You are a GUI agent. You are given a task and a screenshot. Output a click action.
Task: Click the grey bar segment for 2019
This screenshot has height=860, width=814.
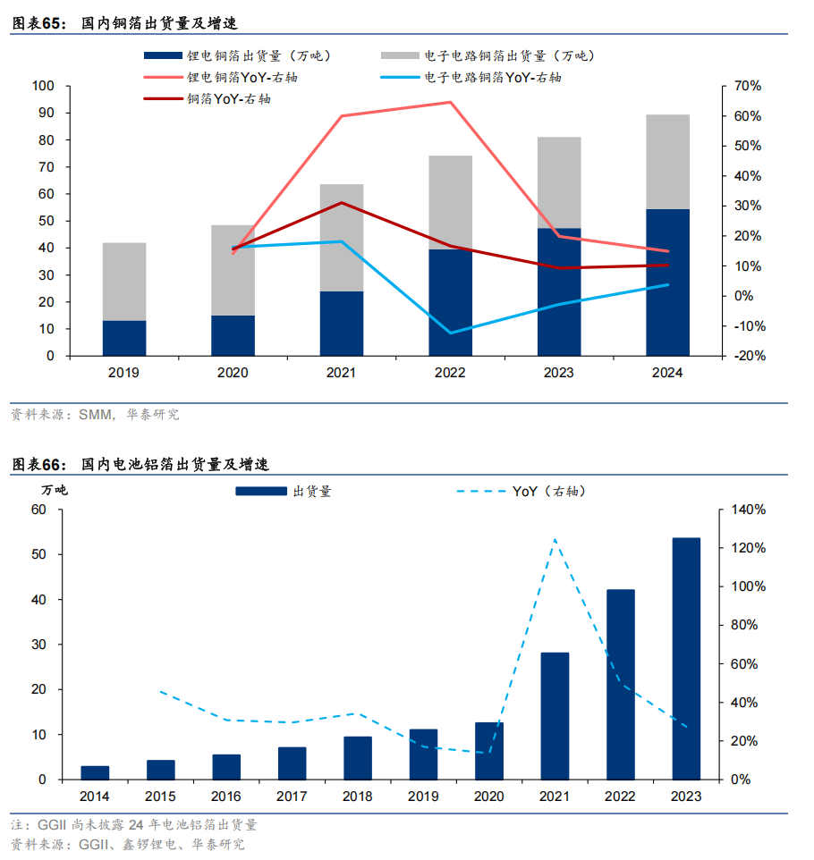tap(124, 281)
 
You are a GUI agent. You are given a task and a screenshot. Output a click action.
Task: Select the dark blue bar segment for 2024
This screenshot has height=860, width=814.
tap(667, 282)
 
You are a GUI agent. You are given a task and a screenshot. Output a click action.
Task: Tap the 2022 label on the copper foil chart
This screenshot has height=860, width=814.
tap(450, 372)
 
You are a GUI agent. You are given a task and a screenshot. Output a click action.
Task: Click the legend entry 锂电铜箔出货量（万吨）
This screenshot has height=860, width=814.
tap(243, 55)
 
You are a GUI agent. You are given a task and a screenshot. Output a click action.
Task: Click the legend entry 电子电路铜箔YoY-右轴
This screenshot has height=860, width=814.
tap(492, 78)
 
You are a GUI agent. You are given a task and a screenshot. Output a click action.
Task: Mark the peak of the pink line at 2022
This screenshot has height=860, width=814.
tap(450, 102)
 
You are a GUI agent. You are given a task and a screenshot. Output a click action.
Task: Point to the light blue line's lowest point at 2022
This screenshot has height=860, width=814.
tap(450, 333)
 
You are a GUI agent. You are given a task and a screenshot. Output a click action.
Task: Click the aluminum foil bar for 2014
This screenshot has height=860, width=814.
tap(95, 772)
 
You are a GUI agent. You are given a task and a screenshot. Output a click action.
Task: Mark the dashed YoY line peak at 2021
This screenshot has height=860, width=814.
tap(555, 540)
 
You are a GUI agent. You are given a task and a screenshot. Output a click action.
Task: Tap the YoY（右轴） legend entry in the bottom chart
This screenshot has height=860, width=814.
tap(532, 491)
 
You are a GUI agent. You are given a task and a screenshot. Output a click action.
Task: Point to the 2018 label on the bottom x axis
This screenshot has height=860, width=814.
tap(358, 796)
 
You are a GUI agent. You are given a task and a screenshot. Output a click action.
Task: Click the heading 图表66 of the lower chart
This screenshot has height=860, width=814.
tap(39, 465)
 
